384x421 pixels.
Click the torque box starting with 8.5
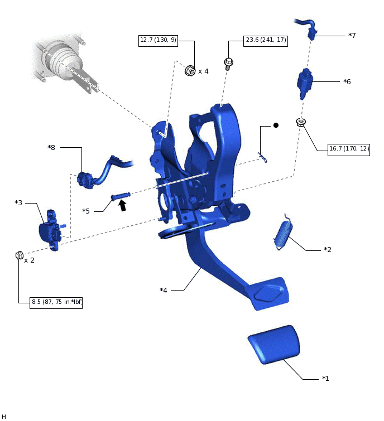[x=57, y=302]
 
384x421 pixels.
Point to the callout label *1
[x=325, y=379]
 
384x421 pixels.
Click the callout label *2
[x=328, y=249]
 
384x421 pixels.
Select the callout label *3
[x=18, y=202]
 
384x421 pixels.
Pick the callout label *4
[x=164, y=290]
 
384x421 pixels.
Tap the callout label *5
[x=86, y=211]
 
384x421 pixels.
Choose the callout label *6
[x=347, y=81]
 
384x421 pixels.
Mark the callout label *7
[x=352, y=36]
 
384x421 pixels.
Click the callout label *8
[x=51, y=147]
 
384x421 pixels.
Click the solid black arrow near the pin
[x=122, y=205]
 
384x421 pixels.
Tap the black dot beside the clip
[x=275, y=125]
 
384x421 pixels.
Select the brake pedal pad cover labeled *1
[x=272, y=344]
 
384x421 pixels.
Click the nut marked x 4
[x=190, y=71]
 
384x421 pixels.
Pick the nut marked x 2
[x=19, y=255]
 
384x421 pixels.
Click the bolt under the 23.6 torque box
[x=228, y=63]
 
